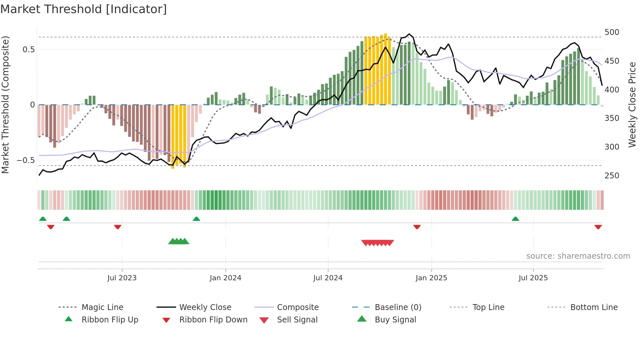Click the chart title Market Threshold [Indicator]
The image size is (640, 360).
tap(84, 9)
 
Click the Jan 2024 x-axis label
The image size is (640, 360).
tap(225, 278)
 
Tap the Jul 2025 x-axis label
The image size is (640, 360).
tap(533, 278)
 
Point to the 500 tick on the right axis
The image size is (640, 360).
tap(612, 32)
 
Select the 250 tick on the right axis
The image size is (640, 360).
tap(612, 175)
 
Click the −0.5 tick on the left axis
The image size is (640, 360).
tap(26, 160)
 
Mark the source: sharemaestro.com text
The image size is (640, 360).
tap(578, 256)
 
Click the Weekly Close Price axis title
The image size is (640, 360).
tap(632, 105)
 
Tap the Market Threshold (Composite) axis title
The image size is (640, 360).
tap(5, 105)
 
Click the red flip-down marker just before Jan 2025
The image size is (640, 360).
tap(417, 227)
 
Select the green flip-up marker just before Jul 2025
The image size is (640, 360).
tap(515, 219)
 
